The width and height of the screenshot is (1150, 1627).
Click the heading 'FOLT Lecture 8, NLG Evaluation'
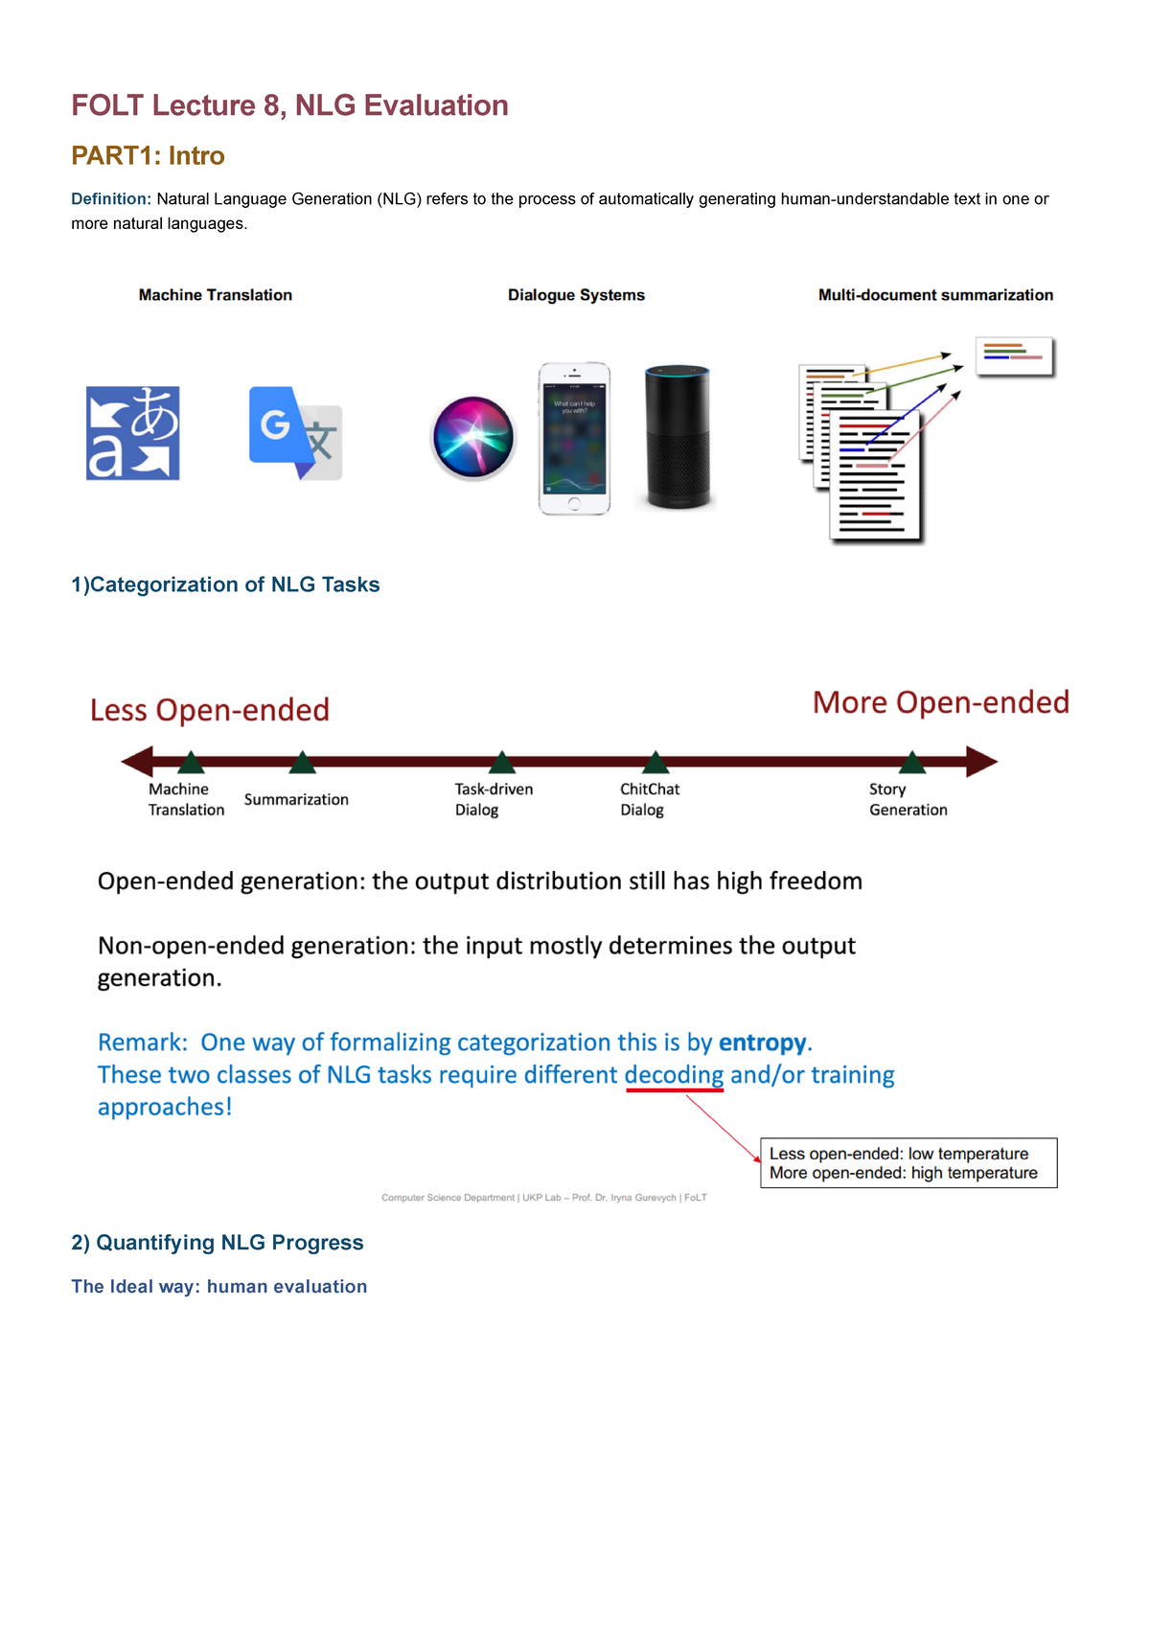(289, 105)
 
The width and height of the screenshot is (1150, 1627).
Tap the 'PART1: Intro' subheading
(148, 155)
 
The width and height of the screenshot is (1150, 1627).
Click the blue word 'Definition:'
(111, 199)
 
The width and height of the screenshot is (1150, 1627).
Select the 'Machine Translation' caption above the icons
(216, 295)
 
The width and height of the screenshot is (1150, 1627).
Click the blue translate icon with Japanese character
(133, 433)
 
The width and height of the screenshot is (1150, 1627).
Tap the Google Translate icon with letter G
(295, 433)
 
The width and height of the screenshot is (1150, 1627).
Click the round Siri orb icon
(473, 437)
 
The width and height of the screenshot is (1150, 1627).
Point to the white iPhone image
(574, 439)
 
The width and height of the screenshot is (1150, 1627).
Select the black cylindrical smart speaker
(677, 437)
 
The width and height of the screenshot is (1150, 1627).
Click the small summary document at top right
(1015, 356)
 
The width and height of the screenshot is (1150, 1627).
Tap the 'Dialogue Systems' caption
(576, 295)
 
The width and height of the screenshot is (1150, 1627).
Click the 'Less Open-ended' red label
(210, 710)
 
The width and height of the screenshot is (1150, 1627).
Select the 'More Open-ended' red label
(940, 702)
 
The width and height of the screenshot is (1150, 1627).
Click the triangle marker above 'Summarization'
(303, 763)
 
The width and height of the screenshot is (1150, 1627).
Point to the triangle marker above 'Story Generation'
(912, 763)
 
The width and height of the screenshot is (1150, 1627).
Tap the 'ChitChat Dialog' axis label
(649, 799)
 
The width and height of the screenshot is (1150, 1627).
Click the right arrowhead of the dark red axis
(981, 762)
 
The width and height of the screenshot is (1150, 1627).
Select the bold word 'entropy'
(763, 1043)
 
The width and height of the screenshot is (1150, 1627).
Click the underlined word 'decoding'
(674, 1075)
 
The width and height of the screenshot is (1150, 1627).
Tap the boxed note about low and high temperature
(908, 1163)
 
